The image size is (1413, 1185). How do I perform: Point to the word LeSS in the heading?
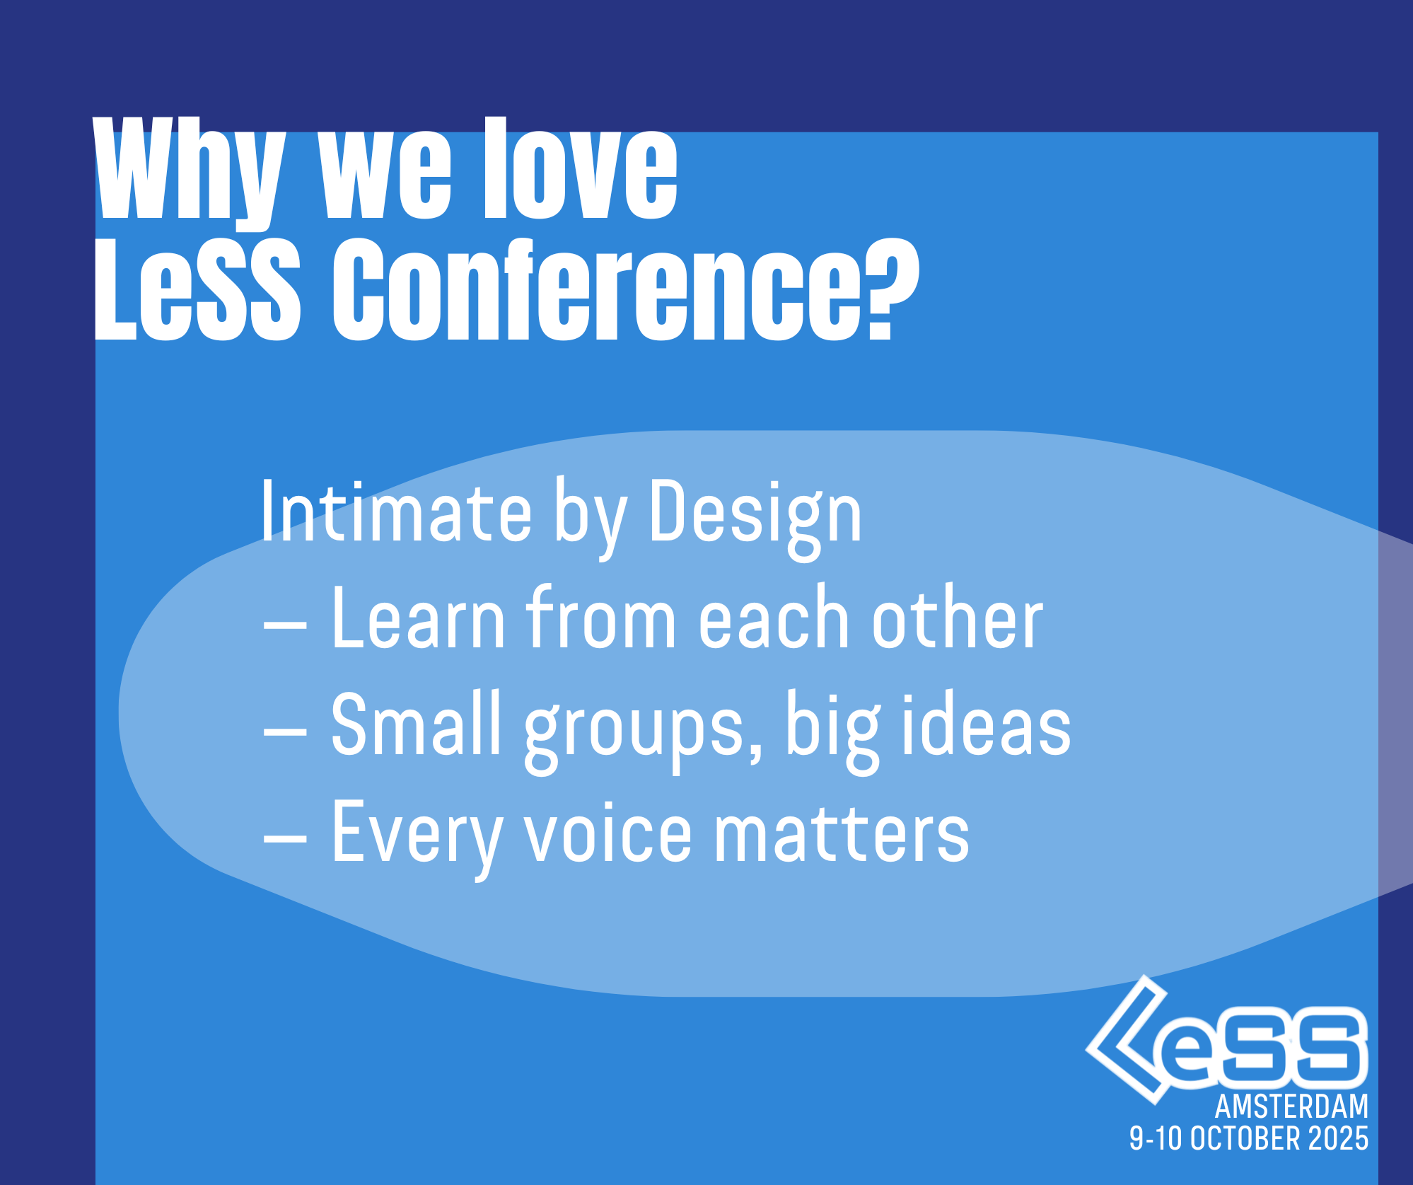tap(197, 289)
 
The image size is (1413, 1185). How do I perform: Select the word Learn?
tap(418, 617)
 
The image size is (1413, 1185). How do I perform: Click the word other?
tap(958, 617)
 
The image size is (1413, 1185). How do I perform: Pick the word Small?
tap(416, 723)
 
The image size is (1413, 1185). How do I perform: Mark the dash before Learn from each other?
tap(285, 625)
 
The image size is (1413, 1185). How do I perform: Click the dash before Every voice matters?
tap(285, 838)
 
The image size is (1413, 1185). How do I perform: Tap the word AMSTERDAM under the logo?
tap(1291, 1106)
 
